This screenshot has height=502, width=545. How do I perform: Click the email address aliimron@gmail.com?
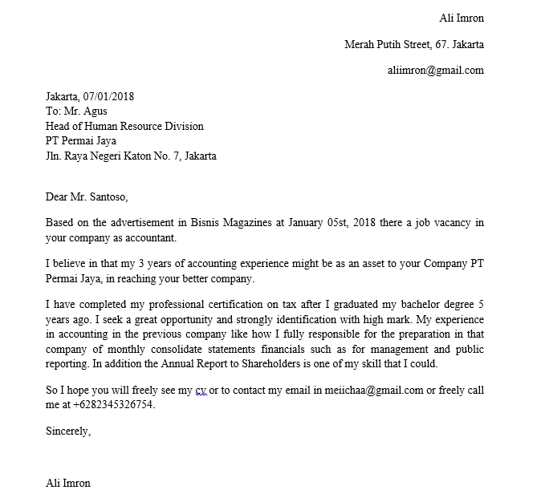[435, 70]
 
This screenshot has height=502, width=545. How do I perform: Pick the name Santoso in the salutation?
[105, 196]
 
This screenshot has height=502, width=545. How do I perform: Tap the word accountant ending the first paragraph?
[149, 238]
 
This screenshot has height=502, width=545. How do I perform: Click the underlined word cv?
[201, 391]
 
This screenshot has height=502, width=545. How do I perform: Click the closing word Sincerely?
[68, 431]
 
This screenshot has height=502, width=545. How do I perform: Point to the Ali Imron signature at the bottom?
[68, 483]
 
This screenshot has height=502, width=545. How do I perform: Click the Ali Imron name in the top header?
[462, 18]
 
